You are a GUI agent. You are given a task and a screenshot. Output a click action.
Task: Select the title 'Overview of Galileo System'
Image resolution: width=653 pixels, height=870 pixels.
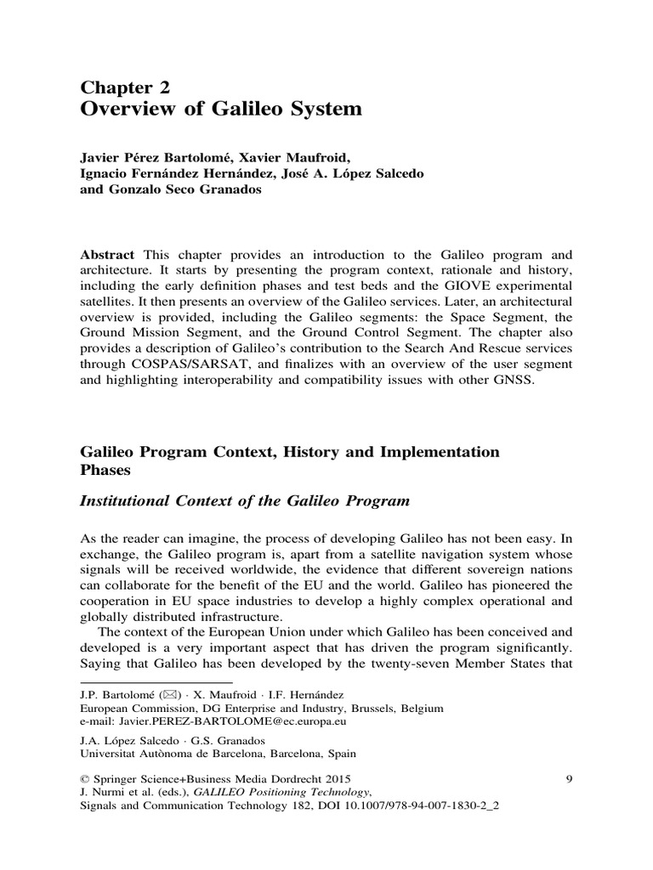pyautogui.click(x=221, y=110)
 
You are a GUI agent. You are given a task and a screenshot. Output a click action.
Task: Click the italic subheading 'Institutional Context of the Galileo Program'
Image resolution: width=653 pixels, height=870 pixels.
pyautogui.click(x=244, y=501)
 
